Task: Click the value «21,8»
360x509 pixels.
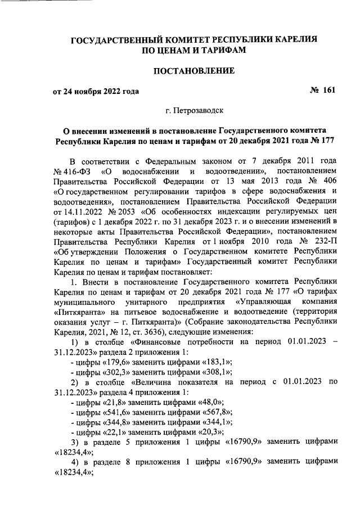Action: click(x=105, y=402)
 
